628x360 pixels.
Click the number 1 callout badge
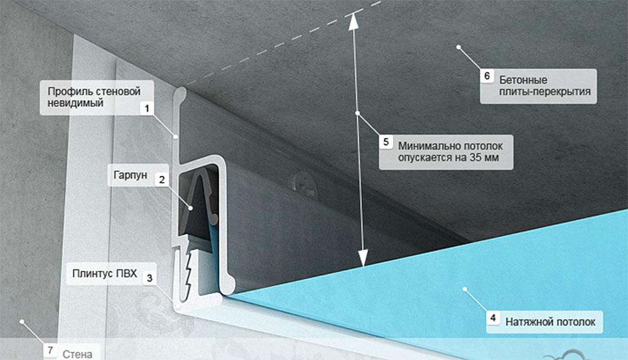coord(147,108)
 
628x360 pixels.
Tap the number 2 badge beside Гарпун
coord(162,179)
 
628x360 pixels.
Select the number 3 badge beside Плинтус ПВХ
coord(150,278)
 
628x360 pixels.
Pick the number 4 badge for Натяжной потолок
coord(493,318)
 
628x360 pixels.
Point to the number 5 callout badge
coord(386,141)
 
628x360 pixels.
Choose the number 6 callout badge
coord(487,76)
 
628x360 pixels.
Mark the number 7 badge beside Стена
coord(50,351)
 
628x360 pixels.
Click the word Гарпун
coord(130,175)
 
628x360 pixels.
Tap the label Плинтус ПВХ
coord(104,273)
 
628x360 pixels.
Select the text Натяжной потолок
coord(550,322)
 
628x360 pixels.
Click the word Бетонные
coord(523,80)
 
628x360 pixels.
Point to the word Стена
coord(77,354)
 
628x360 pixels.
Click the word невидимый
coord(75,103)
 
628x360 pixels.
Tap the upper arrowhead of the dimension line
coord(353,21)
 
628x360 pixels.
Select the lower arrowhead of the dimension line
coord(363,258)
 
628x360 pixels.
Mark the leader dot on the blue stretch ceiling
coord(465,289)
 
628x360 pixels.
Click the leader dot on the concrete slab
coord(458,47)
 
